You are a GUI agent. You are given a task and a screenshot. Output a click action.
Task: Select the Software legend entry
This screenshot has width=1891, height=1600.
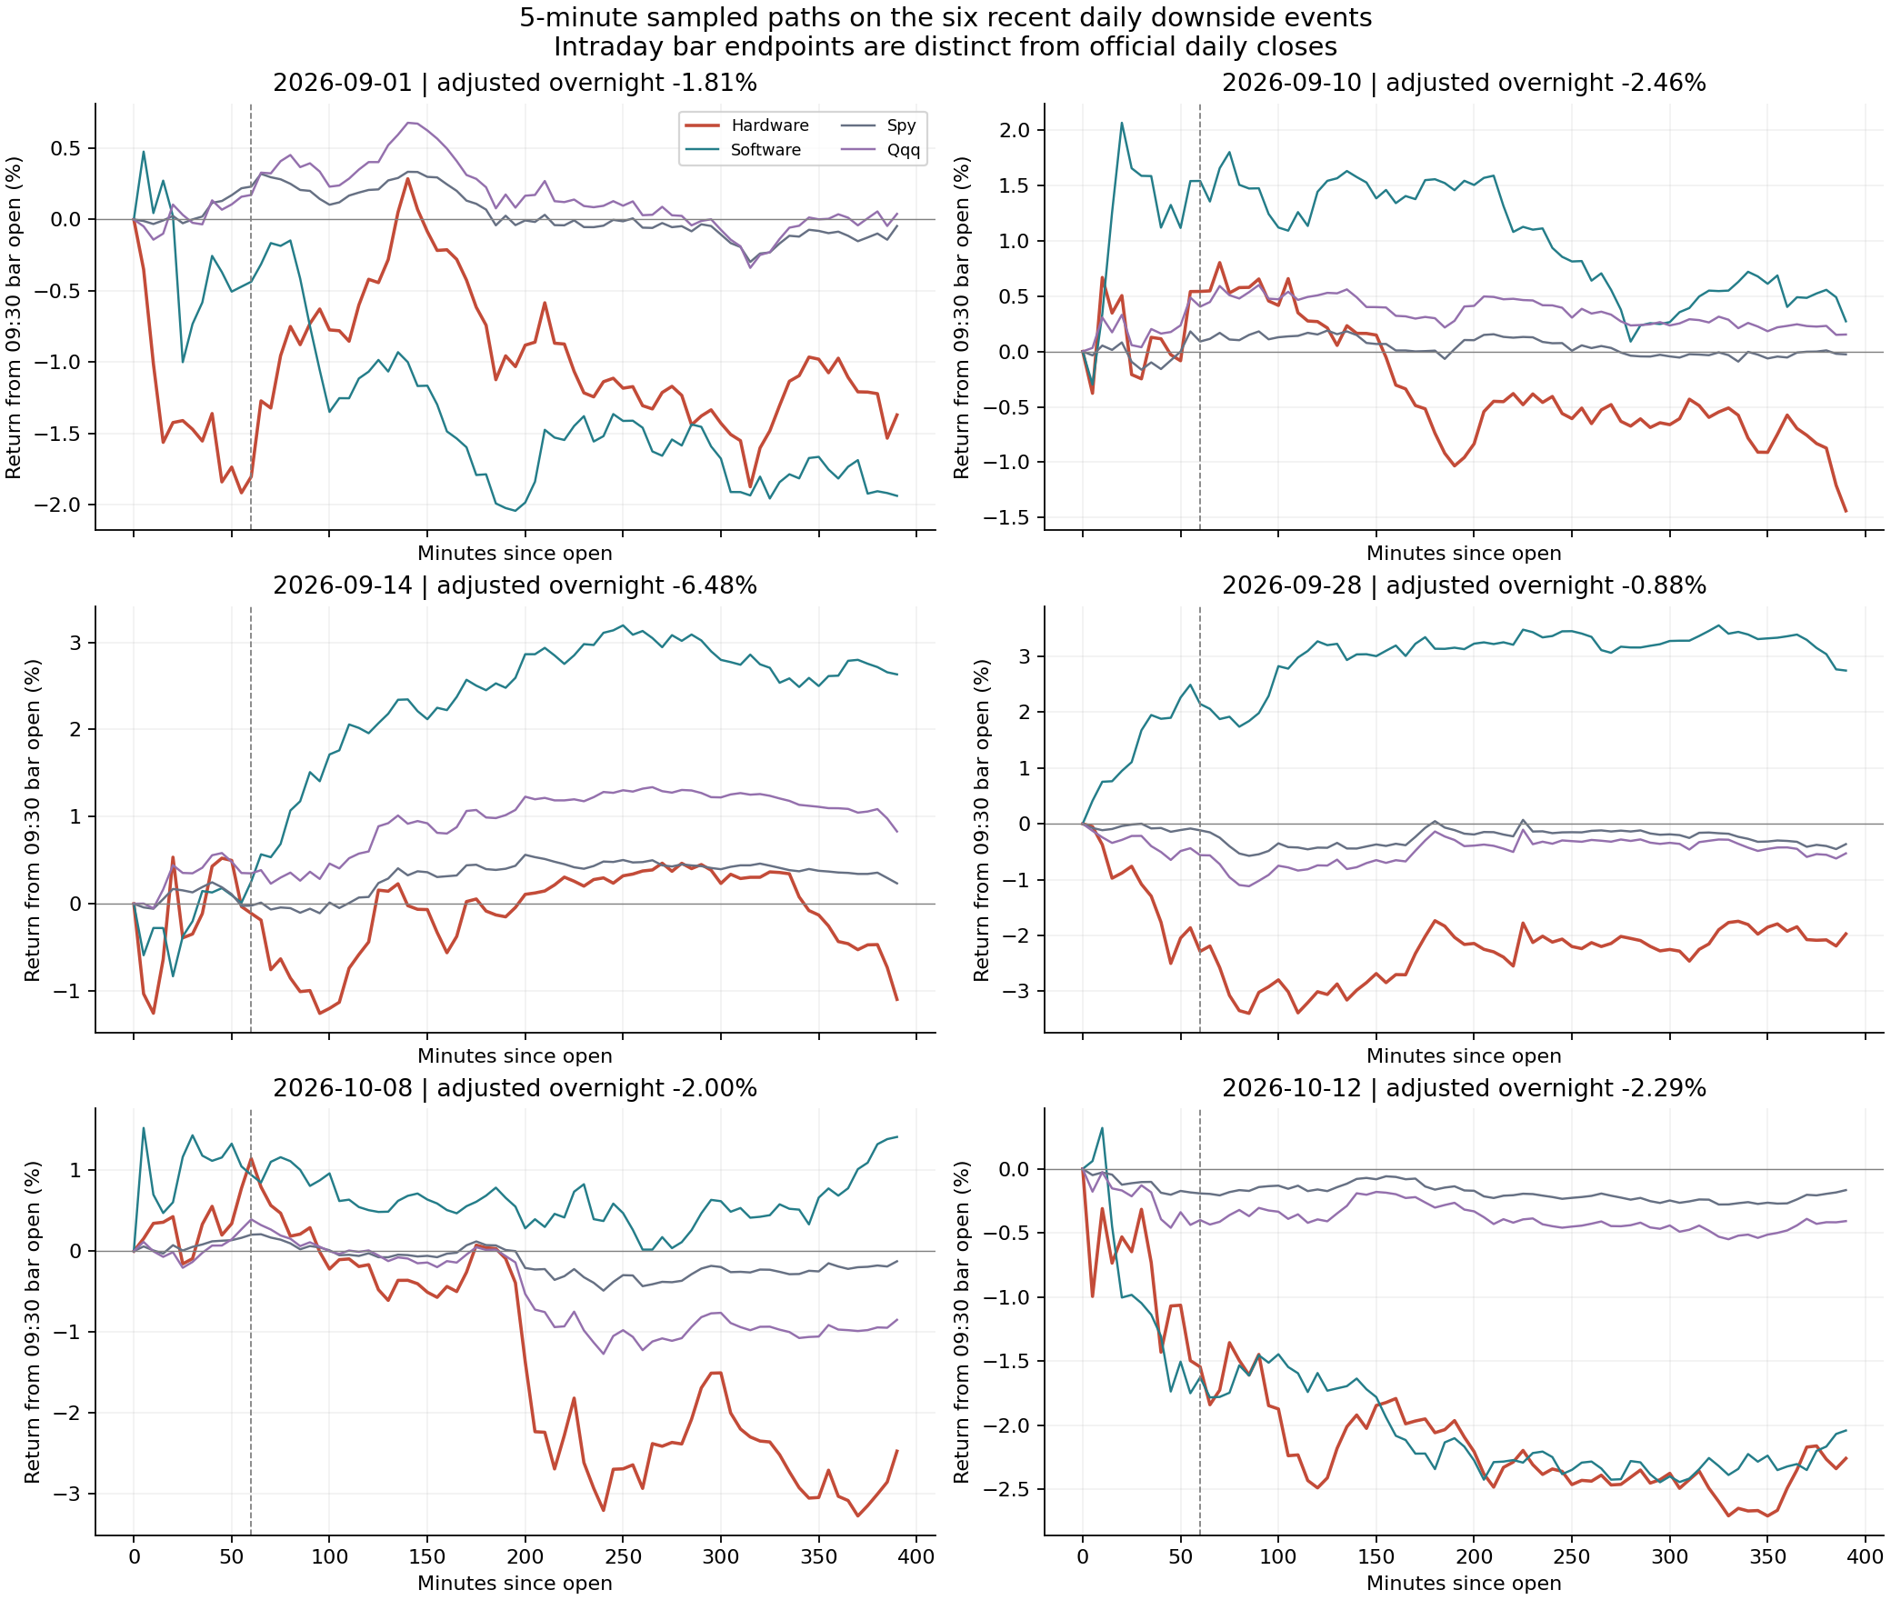743,150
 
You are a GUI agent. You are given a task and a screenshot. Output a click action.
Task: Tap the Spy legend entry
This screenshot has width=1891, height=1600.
878,125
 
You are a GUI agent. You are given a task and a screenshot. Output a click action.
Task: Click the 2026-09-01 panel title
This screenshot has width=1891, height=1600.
515,83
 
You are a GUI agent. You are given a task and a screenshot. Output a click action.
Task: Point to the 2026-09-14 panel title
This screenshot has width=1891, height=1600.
515,585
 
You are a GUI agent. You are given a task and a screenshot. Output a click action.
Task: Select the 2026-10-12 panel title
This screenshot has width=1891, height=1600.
1464,1088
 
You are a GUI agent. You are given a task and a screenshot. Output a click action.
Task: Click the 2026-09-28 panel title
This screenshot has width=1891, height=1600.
1464,585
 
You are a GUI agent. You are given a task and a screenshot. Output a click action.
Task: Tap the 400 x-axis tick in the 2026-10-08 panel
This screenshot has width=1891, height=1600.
916,1556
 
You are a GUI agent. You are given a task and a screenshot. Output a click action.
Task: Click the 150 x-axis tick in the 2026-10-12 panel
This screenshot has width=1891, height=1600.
1376,1556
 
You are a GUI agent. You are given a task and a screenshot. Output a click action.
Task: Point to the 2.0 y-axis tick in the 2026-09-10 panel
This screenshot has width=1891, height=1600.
1015,130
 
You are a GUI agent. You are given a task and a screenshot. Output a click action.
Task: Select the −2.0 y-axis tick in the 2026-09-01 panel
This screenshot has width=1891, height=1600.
58,505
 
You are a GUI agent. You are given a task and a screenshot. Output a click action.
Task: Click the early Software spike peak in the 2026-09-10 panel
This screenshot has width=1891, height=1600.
1122,123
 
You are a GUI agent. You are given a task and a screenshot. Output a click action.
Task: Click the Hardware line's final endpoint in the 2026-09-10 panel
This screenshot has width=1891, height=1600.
1846,511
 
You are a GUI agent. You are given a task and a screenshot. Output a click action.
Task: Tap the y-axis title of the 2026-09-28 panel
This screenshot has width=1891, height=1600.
981,820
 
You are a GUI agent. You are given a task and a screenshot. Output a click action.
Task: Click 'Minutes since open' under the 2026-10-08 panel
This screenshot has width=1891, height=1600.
515,1583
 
